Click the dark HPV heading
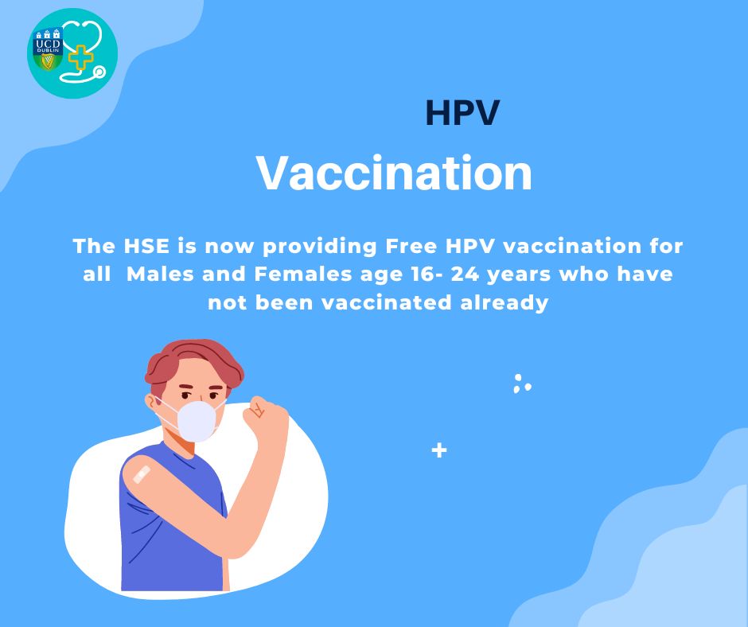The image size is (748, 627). pyautogui.click(x=462, y=113)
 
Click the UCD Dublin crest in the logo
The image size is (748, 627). pyautogui.click(x=49, y=49)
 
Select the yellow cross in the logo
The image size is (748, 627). pyautogui.click(x=80, y=58)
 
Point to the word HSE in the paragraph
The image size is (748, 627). pyautogui.click(x=146, y=246)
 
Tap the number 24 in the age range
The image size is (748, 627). pyautogui.click(x=466, y=275)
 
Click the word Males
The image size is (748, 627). pyautogui.click(x=160, y=275)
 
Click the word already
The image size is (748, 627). pyautogui.click(x=505, y=303)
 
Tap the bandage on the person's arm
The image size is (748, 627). pyautogui.click(x=141, y=475)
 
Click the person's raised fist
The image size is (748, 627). pyautogui.click(x=263, y=413)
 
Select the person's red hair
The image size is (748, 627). pyautogui.click(x=193, y=360)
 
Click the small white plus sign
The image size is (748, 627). pyautogui.click(x=439, y=450)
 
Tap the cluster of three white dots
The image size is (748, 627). pyautogui.click(x=522, y=384)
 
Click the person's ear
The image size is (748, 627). pyautogui.click(x=151, y=402)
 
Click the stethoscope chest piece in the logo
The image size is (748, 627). pyautogui.click(x=99, y=72)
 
